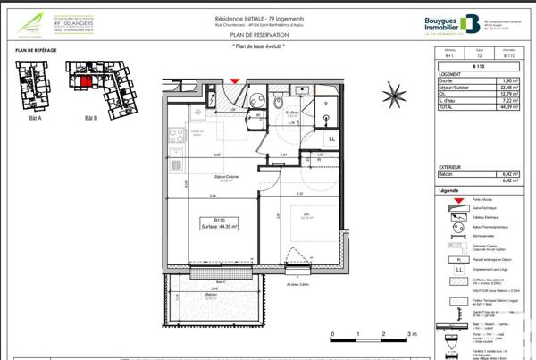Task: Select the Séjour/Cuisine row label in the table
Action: pyautogui.click(x=456, y=88)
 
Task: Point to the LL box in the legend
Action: pyautogui.click(x=458, y=269)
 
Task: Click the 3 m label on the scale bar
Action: pyautogui.click(x=411, y=333)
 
